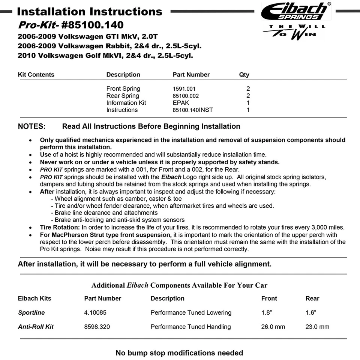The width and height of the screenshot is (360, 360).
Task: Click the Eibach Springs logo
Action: click(296, 11)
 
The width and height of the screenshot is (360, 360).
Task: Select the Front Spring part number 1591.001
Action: click(184, 89)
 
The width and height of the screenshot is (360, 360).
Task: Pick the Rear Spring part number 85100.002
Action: click(186, 96)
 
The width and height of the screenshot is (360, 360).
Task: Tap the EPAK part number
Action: click(181, 103)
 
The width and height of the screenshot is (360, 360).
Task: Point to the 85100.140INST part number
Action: click(193, 110)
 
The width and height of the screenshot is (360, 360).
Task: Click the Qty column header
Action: click(244, 75)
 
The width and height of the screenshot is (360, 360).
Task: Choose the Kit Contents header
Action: click(36, 75)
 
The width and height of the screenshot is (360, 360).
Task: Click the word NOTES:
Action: click(31, 126)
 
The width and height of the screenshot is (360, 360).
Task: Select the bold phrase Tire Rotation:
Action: click(60, 227)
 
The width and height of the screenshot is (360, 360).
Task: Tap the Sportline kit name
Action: click(31, 312)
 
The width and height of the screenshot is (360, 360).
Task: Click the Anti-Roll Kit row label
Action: click(36, 327)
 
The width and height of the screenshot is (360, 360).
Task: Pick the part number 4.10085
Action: click(95, 312)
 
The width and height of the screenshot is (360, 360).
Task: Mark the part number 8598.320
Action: click(97, 327)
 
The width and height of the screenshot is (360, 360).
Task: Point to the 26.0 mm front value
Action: click(273, 327)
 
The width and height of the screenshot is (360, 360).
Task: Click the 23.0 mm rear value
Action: click(317, 327)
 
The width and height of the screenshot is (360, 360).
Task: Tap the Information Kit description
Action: click(126, 103)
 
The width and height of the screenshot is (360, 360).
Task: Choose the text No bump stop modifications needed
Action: click(179, 353)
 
